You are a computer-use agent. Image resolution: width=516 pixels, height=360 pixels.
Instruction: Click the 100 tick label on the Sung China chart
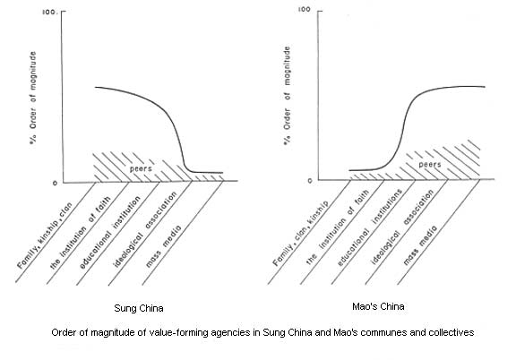[x=49, y=13]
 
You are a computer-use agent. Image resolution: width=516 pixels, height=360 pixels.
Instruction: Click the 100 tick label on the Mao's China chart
[x=304, y=9]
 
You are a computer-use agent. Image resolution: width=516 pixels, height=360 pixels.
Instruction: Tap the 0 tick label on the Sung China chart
[x=55, y=183]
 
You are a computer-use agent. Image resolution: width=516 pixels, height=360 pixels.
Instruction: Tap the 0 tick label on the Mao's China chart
[x=310, y=181]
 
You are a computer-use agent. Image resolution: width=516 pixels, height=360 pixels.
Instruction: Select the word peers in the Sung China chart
[x=141, y=168]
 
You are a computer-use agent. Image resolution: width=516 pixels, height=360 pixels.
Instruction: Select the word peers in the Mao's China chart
[x=430, y=164]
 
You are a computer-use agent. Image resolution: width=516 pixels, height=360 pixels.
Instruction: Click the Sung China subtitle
[x=139, y=308]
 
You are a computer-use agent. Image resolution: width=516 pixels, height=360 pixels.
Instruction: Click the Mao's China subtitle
[x=378, y=306]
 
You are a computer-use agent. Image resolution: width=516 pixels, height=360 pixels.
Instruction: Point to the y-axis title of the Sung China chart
[x=33, y=98]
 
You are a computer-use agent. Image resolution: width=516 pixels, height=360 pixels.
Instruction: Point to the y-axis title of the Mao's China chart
[x=288, y=96]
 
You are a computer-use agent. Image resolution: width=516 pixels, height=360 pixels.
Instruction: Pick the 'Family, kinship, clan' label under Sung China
[x=45, y=236]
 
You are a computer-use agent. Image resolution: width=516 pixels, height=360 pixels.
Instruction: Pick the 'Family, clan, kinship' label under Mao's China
[x=300, y=234]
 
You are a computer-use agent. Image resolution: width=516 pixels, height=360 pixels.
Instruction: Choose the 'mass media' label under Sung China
[x=163, y=245]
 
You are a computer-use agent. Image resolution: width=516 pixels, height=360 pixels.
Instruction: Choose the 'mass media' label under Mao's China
[x=420, y=245]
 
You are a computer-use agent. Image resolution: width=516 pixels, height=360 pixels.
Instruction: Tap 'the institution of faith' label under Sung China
[x=81, y=233]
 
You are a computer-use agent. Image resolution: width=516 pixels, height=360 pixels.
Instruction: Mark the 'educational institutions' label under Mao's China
[x=370, y=227]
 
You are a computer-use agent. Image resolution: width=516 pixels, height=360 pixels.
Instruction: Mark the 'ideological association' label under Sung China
[x=145, y=228]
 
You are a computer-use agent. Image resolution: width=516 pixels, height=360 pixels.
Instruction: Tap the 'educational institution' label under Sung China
[x=110, y=232]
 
